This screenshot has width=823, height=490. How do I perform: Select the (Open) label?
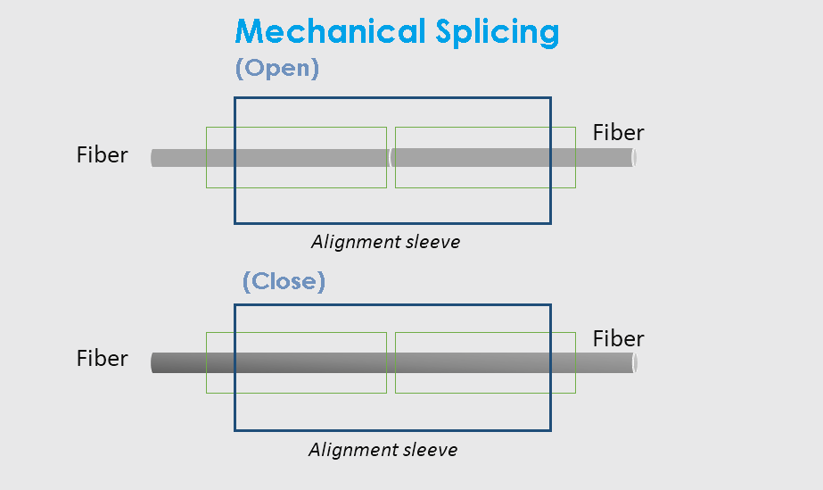tap(276, 69)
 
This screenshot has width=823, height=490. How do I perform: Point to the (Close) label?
tap(284, 281)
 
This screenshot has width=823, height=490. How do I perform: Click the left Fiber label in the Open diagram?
tap(103, 155)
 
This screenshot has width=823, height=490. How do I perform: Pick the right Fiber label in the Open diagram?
tap(618, 133)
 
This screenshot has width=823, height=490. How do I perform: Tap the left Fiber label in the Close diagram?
tap(103, 359)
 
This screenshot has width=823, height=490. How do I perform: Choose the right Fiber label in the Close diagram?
tap(618, 339)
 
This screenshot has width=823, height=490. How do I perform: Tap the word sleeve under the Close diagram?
tap(432, 450)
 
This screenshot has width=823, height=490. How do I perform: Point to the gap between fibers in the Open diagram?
tap(391, 158)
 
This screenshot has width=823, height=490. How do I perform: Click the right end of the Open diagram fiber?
tap(633, 158)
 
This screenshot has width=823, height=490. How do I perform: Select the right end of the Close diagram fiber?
tap(633, 363)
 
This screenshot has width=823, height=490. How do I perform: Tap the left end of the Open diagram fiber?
tap(153, 158)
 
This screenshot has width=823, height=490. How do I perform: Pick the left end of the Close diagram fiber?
tap(153, 363)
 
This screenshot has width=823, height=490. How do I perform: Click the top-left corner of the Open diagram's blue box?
tap(235, 98)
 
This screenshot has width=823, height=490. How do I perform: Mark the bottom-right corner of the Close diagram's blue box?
tap(550, 430)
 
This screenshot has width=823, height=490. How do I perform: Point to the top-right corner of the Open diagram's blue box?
tap(550, 98)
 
